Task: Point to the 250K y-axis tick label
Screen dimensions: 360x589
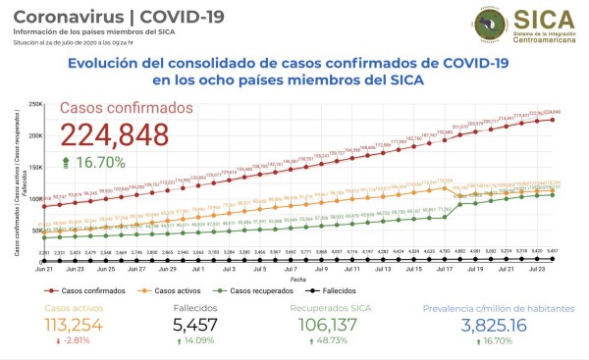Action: tap(32, 104)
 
